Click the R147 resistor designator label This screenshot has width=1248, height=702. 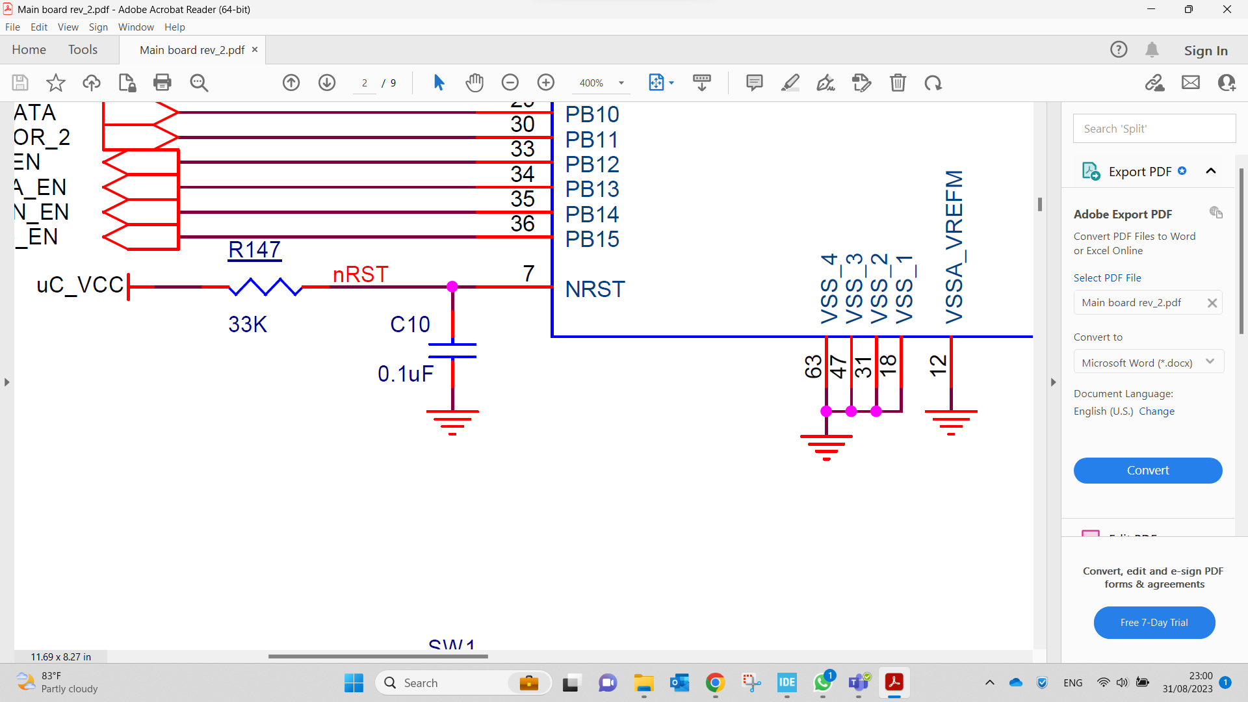tap(254, 250)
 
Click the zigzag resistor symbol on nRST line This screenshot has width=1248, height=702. tap(265, 287)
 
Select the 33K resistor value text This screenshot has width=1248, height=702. tap(248, 324)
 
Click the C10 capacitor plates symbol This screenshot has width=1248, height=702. tap(452, 350)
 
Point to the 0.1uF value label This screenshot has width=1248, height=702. tap(405, 374)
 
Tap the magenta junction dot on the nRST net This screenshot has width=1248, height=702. tap(452, 287)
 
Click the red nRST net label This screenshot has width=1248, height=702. tap(360, 274)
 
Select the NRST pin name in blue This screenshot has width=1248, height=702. tap(595, 289)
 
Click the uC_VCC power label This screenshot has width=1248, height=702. tap(80, 285)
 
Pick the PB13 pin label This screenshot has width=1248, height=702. tap(591, 189)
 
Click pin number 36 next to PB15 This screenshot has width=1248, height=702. tap(522, 224)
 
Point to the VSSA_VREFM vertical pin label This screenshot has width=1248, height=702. tap(954, 247)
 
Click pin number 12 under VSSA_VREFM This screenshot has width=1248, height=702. tap(938, 365)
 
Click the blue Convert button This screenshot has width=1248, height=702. tap(1147, 471)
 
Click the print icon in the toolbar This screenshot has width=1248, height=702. tap(162, 83)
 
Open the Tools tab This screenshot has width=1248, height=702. tap(83, 50)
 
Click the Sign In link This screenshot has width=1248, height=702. tap(1205, 51)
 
